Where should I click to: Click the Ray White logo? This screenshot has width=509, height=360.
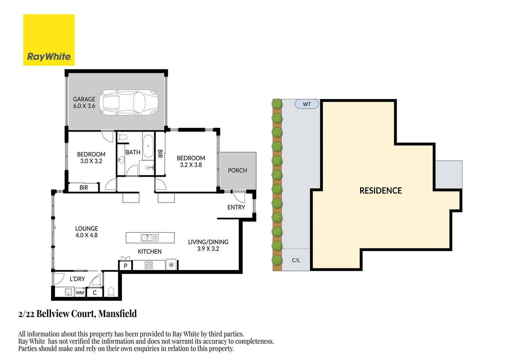[x=49, y=40]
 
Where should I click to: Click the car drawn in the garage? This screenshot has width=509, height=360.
[x=129, y=102]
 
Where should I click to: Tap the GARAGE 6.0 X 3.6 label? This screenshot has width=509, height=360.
[x=84, y=103]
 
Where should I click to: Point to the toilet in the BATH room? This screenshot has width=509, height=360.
[x=123, y=137]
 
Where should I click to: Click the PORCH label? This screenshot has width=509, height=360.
[x=237, y=170]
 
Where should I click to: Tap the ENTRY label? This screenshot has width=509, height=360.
[x=236, y=207]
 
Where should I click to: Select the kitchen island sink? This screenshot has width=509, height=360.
[x=150, y=238]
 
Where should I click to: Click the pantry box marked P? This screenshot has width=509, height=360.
[x=126, y=266]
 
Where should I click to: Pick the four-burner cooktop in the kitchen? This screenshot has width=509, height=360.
[x=149, y=265]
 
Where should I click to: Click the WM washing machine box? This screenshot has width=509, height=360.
[x=80, y=293]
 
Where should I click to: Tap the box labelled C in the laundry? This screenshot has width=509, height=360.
[x=95, y=293]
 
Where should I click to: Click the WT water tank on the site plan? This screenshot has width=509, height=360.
[x=307, y=104]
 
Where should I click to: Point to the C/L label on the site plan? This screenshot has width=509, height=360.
[x=296, y=260]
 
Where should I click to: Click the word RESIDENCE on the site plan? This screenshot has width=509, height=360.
[x=380, y=191]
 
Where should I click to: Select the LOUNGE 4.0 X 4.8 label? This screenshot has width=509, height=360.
[x=87, y=232]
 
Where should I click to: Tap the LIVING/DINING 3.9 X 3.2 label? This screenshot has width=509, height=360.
[x=208, y=245]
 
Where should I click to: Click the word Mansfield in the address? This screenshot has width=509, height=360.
[x=118, y=314]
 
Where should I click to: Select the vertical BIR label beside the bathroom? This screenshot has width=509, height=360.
[x=160, y=154]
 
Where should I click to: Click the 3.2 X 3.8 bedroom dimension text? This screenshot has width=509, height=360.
[x=191, y=165]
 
